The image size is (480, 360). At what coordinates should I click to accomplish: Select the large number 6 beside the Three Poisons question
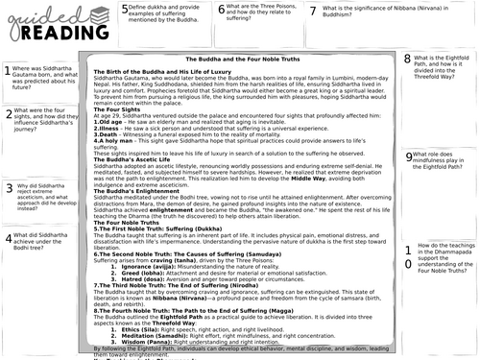[222, 12]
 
